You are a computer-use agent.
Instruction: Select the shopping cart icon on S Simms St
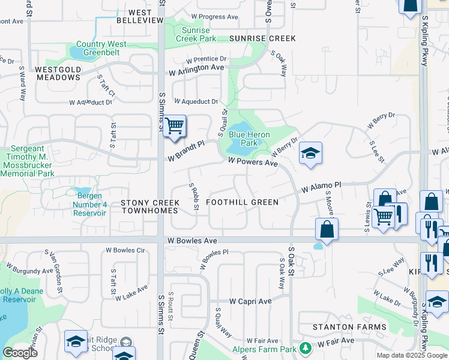[x=174, y=127]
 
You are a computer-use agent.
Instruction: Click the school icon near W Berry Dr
[x=310, y=154]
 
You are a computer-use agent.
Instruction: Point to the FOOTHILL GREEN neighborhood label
[x=242, y=202]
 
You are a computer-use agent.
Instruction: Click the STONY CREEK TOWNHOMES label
[x=149, y=206]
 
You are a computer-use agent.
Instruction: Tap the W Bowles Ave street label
[x=191, y=241]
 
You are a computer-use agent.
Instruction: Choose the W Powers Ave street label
[x=253, y=162]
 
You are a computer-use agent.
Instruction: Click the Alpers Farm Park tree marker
[x=306, y=347]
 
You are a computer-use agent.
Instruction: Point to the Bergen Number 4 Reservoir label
[x=90, y=205]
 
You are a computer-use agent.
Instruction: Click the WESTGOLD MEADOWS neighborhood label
[x=58, y=73]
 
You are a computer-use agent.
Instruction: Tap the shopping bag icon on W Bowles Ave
[x=327, y=229]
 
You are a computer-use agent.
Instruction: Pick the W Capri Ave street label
[x=250, y=301]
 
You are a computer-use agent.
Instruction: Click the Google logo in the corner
[x=20, y=353]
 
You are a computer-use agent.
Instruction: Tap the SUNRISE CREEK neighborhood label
[x=262, y=38]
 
